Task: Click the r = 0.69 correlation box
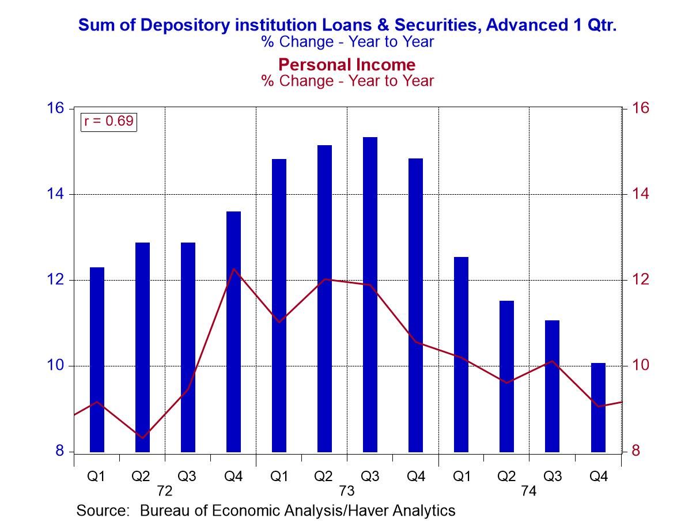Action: pos(109,121)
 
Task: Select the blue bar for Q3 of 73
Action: pos(370,294)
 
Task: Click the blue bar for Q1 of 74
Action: pos(461,354)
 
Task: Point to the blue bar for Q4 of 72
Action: pos(233,331)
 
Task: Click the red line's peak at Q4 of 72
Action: pos(234,269)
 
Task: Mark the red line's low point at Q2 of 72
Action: pos(142,438)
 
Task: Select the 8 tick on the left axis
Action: pos(60,451)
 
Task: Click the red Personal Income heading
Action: pos(347,64)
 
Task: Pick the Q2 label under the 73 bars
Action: pos(324,477)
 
